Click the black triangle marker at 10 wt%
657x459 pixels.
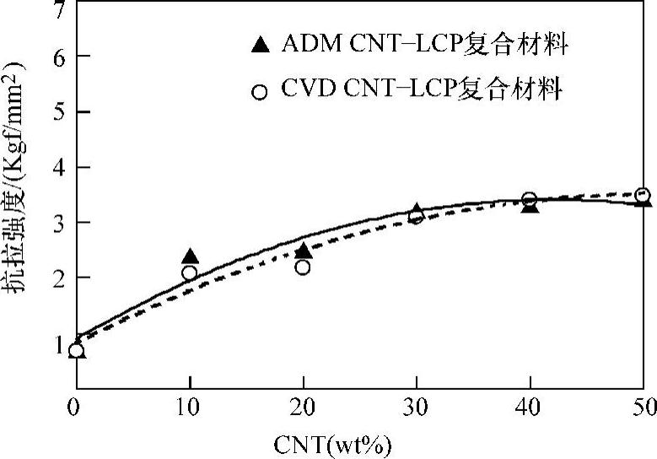click(190, 256)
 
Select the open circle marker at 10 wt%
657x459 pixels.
click(190, 273)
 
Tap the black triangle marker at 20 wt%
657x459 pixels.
click(304, 251)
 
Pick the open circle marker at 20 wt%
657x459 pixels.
click(303, 267)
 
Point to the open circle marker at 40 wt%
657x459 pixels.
click(530, 200)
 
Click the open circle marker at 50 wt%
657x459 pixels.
click(643, 195)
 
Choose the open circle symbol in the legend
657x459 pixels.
click(261, 91)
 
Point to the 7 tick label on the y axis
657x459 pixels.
click(58, 11)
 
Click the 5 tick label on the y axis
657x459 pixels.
click(58, 111)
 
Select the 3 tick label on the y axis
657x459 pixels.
click(58, 222)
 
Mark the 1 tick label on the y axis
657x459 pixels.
click(59, 343)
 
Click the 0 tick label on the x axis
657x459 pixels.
click(75, 406)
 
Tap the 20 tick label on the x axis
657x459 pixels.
click(303, 406)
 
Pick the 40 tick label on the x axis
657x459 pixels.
click(530, 406)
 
